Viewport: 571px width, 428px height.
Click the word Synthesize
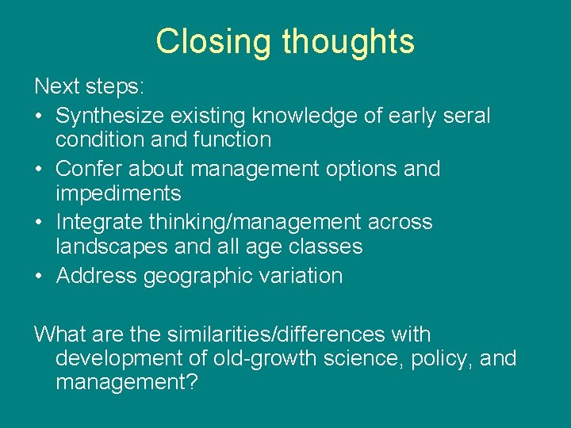[113, 116]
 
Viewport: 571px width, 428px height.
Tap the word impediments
[118, 193]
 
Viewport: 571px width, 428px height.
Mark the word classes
[327, 246]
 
